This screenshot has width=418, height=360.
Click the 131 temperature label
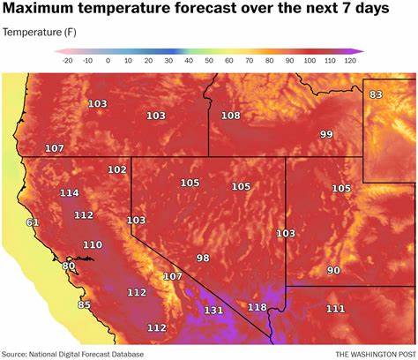tap(213, 311)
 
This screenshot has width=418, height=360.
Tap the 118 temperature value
tap(257, 307)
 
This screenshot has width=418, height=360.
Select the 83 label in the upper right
tap(377, 94)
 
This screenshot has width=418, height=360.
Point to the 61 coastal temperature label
tap(33, 221)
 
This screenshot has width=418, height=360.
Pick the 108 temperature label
tap(230, 116)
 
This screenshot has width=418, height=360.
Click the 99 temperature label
tap(326, 133)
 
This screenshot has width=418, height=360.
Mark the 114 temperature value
tap(69, 192)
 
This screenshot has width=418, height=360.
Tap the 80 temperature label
tap(69, 266)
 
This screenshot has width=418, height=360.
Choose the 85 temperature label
tap(84, 305)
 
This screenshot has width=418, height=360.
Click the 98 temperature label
tap(203, 258)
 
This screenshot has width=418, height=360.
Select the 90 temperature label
tap(333, 270)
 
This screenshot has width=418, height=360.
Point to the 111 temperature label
tap(335, 308)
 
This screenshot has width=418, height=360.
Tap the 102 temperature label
tap(116, 169)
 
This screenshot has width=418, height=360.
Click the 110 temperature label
tap(92, 244)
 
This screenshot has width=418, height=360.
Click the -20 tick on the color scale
tap(66, 60)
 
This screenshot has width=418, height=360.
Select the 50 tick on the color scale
tap(209, 60)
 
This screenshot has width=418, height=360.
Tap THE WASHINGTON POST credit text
tap(367, 351)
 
